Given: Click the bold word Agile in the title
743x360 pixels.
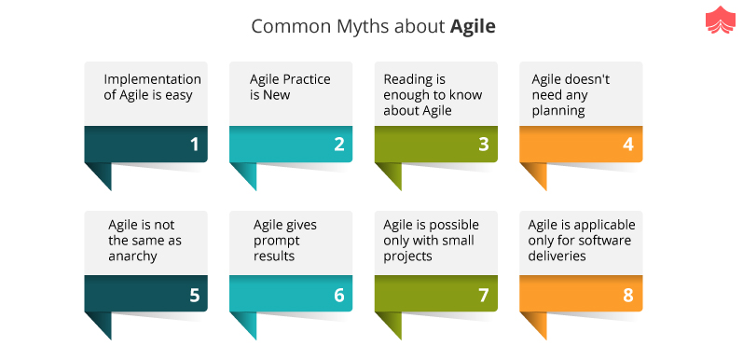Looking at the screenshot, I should point(473,27).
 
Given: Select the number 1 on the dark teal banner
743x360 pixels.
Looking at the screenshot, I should point(194,144).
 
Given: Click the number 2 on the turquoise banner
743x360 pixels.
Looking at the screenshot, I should point(338,144).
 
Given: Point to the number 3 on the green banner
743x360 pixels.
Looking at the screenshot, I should point(483,144).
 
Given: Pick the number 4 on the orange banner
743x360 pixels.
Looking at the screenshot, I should point(628,144).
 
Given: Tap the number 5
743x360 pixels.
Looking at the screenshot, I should point(194,295).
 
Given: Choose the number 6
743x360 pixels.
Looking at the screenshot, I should point(338,295).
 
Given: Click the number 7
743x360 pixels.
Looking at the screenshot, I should point(483,295).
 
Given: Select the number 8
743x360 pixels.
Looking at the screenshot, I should point(628,295).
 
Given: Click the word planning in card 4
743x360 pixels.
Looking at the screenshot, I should point(557,111).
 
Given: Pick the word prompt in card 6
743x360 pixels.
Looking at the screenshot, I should point(277,241).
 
